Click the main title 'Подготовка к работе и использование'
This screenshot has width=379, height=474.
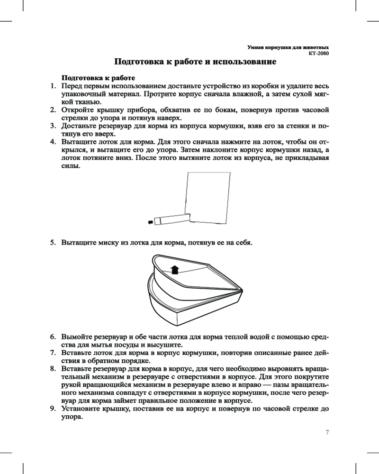click(x=196, y=62)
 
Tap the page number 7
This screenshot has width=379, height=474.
click(x=327, y=432)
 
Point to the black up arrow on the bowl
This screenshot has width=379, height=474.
click(x=175, y=270)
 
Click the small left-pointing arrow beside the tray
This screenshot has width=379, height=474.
click(x=151, y=221)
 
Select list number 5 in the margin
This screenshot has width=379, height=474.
click(x=54, y=243)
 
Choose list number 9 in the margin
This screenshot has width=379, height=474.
click(x=54, y=409)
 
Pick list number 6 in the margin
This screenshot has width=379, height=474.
click(x=54, y=337)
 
